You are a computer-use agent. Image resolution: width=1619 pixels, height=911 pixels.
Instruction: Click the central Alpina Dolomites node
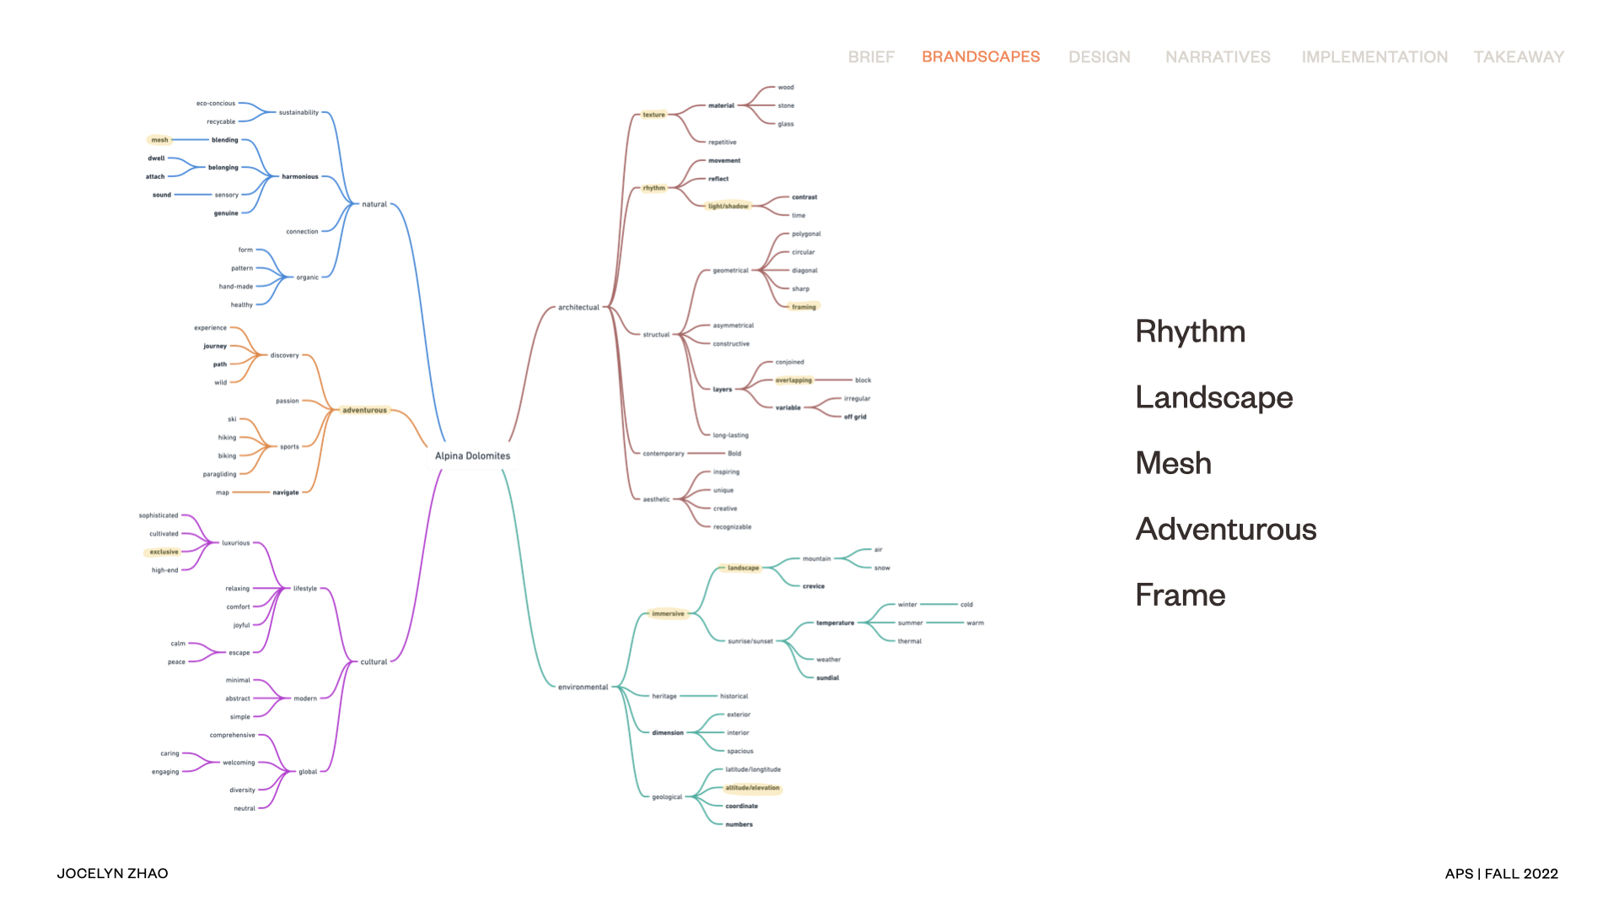point(472,455)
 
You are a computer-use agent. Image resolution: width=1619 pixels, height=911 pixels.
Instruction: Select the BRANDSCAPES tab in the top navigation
point(981,57)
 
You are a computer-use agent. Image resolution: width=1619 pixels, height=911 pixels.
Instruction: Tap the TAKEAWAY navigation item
point(1519,57)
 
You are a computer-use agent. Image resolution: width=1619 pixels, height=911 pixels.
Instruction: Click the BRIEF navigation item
point(871,57)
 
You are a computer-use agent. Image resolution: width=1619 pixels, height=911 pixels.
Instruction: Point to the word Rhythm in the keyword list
point(1190,332)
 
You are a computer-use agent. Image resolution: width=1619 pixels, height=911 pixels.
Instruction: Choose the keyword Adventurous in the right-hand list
point(1225,529)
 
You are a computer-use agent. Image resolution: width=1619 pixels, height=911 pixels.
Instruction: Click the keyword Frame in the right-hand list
point(1180,595)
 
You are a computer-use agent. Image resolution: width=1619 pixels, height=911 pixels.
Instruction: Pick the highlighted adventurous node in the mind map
point(364,410)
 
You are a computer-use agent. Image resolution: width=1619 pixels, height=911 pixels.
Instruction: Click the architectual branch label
point(578,307)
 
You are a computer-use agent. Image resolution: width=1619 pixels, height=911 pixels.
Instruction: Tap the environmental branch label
point(583,687)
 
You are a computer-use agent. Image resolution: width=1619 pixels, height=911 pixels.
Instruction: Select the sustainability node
point(299,112)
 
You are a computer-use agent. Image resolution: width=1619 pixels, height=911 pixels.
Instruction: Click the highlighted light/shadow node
point(728,206)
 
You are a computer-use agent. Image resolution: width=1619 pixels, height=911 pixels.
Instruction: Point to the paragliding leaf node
point(219,474)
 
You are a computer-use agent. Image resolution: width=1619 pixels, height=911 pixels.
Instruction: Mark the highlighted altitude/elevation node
point(752,788)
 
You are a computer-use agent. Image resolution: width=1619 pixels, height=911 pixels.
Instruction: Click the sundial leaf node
point(827,677)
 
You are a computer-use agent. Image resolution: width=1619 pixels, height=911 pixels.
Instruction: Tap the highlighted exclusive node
point(164,552)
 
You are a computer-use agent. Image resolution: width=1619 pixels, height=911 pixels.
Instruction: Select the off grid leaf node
point(855,417)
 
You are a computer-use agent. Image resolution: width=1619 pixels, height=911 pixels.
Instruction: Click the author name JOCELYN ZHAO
point(112,873)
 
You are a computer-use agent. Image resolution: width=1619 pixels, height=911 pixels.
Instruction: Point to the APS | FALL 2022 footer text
point(1501,874)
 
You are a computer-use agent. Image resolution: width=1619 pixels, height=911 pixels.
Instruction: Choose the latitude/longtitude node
point(753,769)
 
